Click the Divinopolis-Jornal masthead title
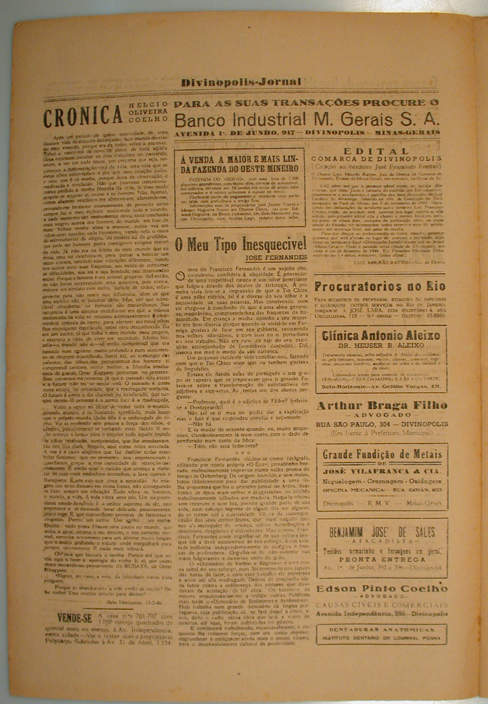tap(241, 82)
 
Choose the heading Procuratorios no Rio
tap(381, 286)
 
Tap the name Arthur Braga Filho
tap(382, 406)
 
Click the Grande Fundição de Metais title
tap(382, 453)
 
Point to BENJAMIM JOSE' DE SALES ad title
tap(382, 533)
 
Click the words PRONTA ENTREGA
tap(382, 560)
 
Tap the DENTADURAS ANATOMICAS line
tap(382, 630)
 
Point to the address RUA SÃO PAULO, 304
tap(352, 424)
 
